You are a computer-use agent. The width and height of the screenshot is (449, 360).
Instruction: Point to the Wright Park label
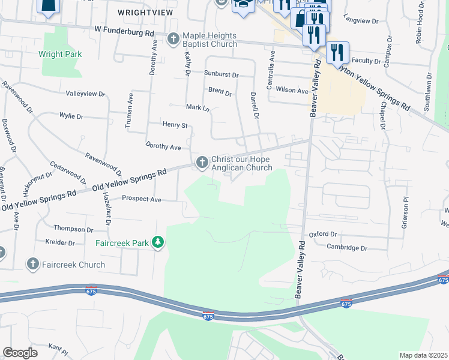coord(60,54)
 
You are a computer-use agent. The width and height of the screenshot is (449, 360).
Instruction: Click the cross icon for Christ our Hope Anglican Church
coord(202,162)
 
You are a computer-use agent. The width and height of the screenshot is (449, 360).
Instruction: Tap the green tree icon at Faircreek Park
coord(158,242)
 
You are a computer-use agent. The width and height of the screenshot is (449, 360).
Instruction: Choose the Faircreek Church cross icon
coord(33,264)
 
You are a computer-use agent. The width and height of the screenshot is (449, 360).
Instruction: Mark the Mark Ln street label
coord(197,108)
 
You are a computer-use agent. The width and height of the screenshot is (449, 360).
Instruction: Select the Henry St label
coord(175,125)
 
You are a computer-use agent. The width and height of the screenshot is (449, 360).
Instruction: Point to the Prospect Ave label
coord(142,199)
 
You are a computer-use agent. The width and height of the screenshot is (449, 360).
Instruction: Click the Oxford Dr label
coord(324,235)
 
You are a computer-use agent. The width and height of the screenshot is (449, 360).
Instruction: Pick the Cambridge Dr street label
coord(346,247)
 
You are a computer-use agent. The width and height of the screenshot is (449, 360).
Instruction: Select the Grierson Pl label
coord(406,207)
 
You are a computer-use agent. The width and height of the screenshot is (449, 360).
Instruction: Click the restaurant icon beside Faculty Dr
coord(338,53)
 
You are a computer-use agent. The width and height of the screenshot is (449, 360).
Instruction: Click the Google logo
coord(20,353)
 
